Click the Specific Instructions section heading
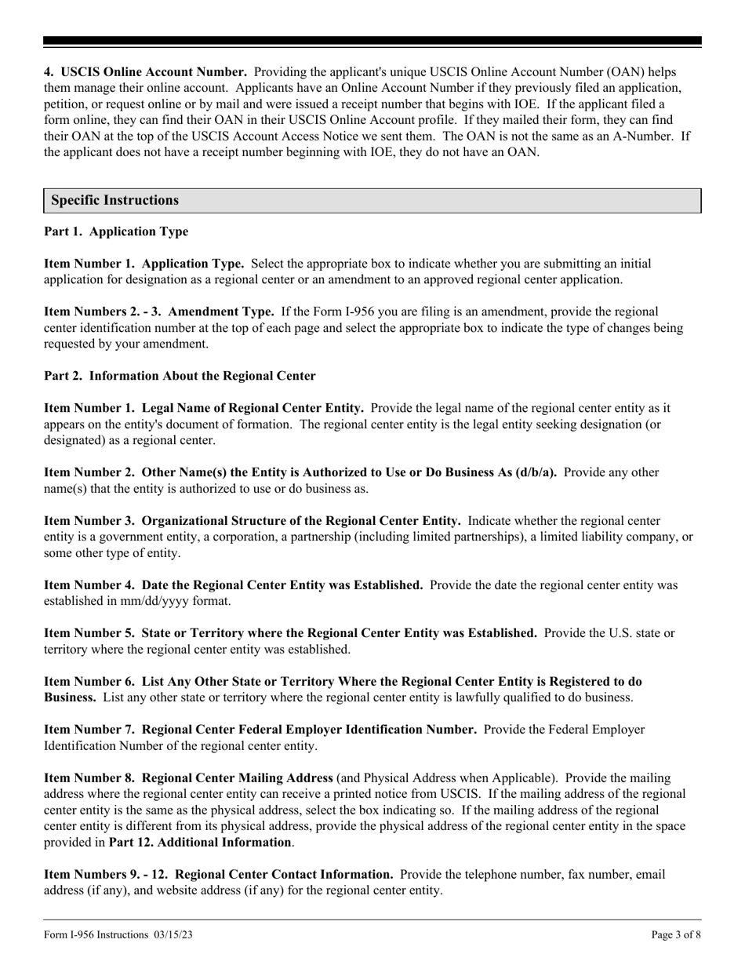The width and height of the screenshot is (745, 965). (115, 200)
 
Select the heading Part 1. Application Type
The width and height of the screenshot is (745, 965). (116, 232)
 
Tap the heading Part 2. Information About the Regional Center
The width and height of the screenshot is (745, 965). (180, 376)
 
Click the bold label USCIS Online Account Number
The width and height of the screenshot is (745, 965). (153, 72)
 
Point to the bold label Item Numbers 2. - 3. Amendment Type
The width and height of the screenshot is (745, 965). (158, 311)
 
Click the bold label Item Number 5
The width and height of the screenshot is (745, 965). (88, 633)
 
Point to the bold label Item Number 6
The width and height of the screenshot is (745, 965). (88, 682)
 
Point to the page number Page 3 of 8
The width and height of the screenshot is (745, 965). (676, 934)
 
